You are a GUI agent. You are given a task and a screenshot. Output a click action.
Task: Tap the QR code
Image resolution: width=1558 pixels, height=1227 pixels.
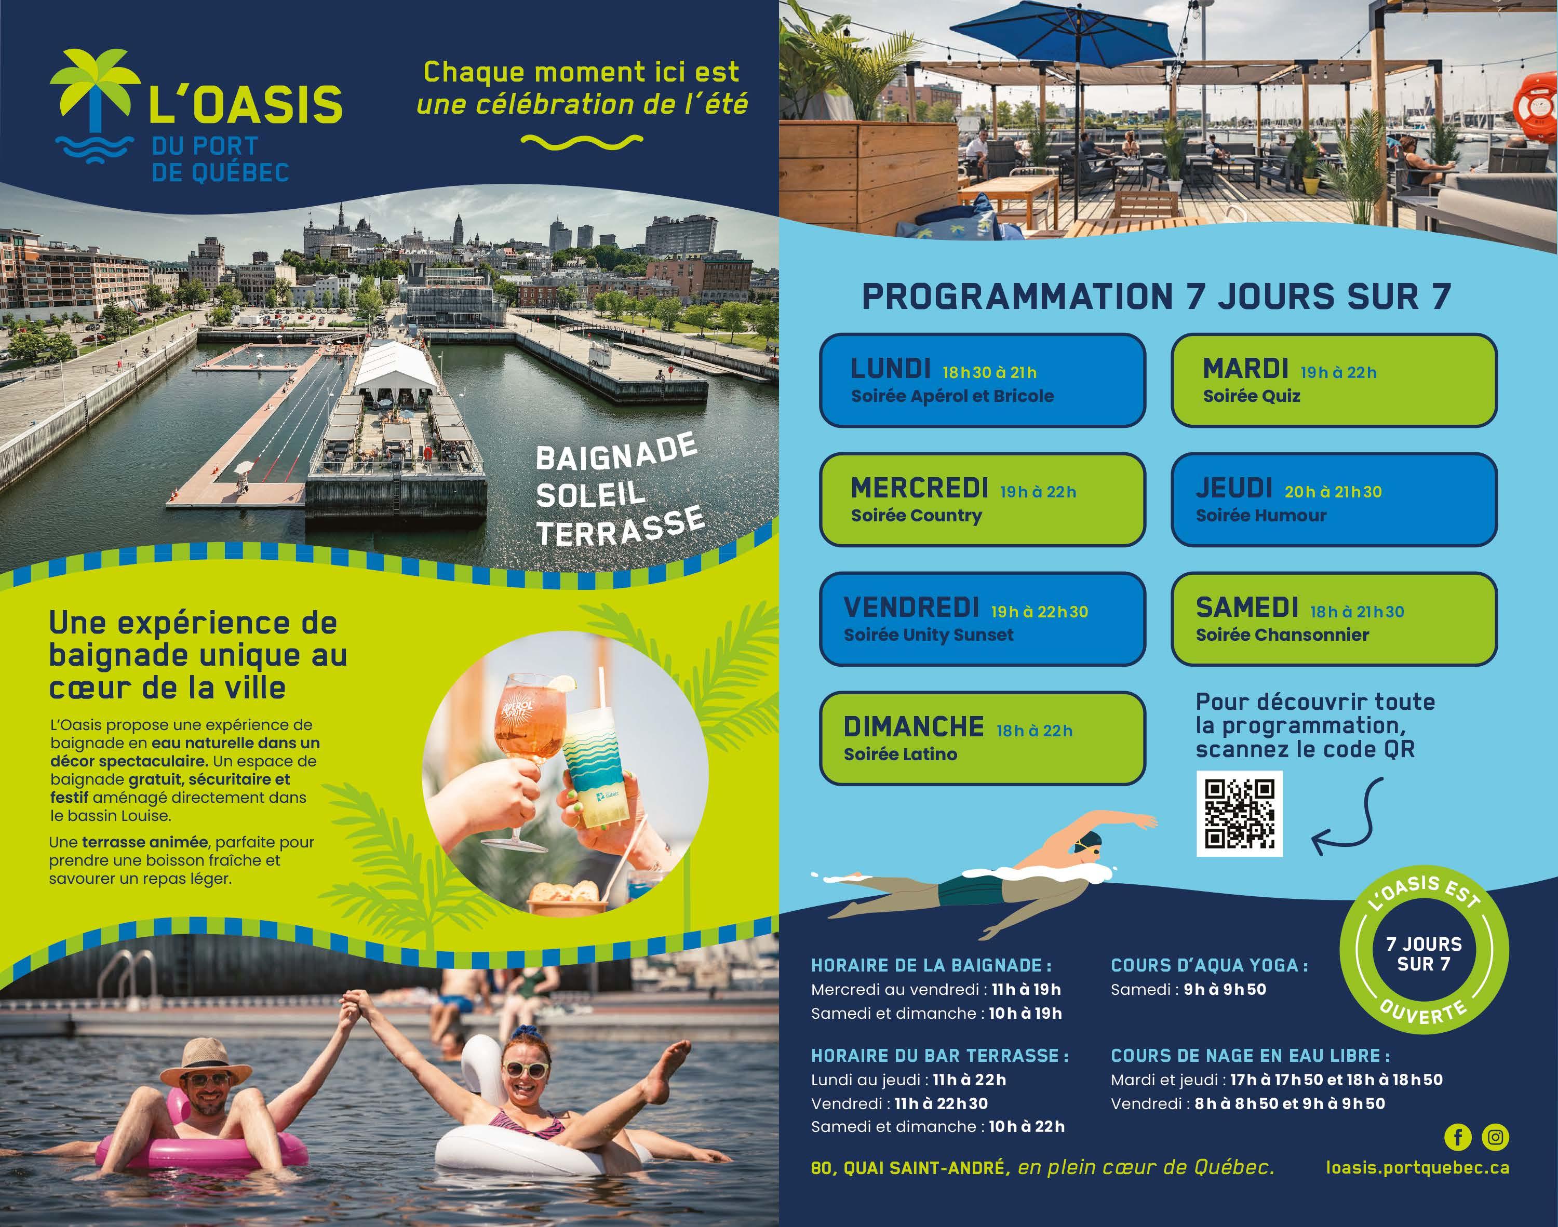[x=1240, y=813]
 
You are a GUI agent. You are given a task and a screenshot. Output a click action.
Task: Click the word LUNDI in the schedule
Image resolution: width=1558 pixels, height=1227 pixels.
[x=891, y=369]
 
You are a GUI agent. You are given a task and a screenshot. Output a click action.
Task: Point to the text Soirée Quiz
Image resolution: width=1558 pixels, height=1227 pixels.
[x=1251, y=396]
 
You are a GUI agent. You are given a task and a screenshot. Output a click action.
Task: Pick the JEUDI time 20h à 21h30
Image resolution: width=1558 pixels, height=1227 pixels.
[x=1333, y=492]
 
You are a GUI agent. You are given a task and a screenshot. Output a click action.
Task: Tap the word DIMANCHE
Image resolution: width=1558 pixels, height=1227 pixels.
[x=914, y=727]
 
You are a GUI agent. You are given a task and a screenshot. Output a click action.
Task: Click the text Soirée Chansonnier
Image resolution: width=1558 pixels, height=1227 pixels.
[x=1282, y=635]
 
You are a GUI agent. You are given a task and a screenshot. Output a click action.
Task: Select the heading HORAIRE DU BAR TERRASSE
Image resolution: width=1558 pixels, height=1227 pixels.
[x=939, y=1055]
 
